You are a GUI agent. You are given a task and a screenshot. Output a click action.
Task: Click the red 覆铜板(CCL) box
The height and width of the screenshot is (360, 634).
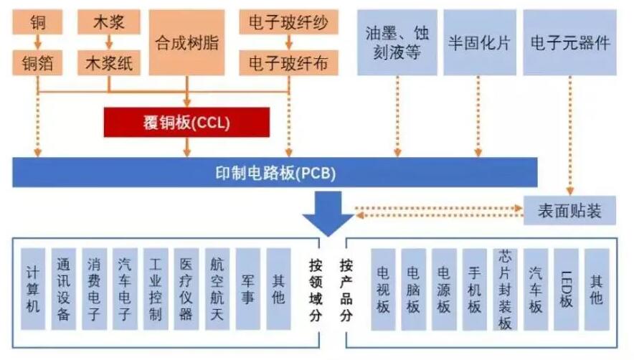tap(186, 122)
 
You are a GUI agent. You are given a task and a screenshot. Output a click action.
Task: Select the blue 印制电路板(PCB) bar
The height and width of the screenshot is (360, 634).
tap(275, 173)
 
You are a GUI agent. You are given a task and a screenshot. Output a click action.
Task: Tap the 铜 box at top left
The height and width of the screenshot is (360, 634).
tap(37, 23)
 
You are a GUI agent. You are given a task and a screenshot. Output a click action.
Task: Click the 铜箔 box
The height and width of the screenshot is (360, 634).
tap(37, 63)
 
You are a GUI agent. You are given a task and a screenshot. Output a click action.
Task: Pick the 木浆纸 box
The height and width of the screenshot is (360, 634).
tap(109, 63)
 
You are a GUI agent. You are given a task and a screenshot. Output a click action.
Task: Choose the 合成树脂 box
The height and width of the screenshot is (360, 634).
tap(186, 43)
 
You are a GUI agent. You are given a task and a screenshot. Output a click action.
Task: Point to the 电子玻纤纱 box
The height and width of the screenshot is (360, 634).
tap(288, 23)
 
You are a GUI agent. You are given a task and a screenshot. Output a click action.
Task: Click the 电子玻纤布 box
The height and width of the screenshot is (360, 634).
tap(288, 63)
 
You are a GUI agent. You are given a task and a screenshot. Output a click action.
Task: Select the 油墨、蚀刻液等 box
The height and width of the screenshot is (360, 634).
tap(397, 43)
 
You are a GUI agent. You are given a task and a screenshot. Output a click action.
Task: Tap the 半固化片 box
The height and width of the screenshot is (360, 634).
tap(479, 43)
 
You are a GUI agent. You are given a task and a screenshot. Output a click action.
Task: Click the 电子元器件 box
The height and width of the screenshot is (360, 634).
tap(570, 43)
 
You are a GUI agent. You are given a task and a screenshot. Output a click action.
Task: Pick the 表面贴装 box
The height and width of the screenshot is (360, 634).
tap(570, 211)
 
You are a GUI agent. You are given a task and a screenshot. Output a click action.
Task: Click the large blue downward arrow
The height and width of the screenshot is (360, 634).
tap(327, 214)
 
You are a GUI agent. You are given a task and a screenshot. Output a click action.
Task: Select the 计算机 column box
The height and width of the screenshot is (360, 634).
tap(33, 289)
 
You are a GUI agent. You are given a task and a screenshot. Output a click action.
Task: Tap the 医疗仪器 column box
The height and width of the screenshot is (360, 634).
tap(186, 289)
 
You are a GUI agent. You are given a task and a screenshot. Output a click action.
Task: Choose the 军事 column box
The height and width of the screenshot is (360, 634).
tap(247, 289)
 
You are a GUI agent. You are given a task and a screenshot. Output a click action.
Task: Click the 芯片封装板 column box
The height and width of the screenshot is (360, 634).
tap(505, 289)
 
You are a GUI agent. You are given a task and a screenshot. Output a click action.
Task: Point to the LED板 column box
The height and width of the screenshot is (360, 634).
tap(566, 289)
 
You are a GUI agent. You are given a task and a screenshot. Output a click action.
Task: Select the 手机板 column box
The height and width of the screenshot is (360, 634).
tap(474, 289)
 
